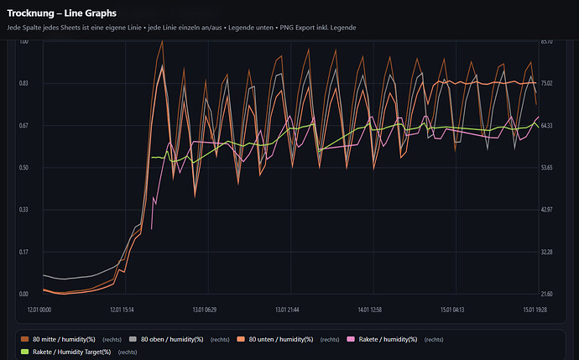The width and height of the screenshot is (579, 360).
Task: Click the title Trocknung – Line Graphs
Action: pos(61,13)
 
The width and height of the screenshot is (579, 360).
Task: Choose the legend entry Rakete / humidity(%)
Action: pos(389,339)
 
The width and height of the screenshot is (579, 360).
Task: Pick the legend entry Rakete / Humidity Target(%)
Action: pos(71,352)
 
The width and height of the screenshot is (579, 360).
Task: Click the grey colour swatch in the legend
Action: pos(133,339)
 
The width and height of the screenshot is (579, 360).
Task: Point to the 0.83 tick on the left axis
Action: pos(24,83)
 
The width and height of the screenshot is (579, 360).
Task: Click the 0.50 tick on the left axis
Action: pos(24,168)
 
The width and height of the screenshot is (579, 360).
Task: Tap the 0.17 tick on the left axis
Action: pos(24,252)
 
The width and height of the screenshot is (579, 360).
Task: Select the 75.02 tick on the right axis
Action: pos(546,83)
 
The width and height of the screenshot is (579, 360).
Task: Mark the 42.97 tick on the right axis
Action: pos(546,210)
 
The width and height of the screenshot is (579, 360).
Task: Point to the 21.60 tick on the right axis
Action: pos(546,294)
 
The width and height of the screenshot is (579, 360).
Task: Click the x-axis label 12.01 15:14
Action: pos(123,310)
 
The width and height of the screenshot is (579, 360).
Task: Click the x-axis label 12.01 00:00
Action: pos(40,310)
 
